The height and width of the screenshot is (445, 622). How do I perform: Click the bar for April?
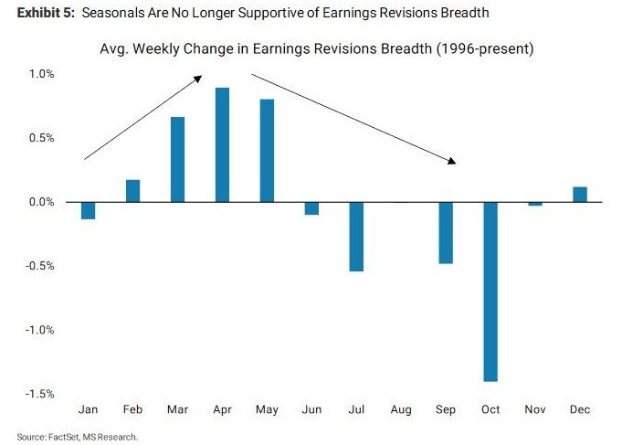222,144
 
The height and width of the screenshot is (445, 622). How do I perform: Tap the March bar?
177,159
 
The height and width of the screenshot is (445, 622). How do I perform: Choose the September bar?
446,232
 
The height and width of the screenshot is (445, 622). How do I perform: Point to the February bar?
132,191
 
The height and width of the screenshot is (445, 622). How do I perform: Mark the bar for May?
267,150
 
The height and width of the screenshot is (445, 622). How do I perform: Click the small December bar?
580,195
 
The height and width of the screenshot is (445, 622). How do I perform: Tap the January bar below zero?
88,211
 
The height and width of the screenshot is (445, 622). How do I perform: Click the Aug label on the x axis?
401,409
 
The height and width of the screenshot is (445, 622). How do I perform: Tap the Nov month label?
535,409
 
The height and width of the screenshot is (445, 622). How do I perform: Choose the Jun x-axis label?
311,409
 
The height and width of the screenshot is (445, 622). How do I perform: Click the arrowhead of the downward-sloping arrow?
451,161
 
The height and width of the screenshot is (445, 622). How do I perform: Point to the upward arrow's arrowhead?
198,79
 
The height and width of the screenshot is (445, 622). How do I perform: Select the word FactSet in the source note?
60,437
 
